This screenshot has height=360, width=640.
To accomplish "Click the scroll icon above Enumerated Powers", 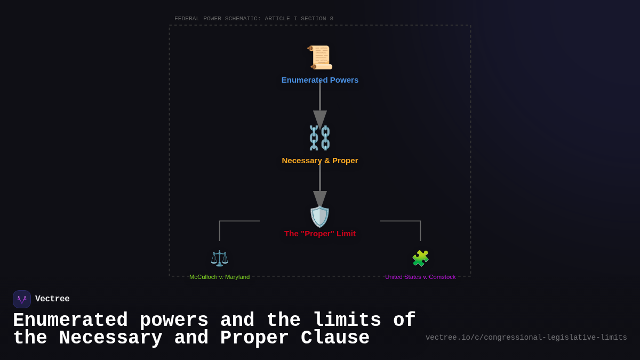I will (x=320, y=58).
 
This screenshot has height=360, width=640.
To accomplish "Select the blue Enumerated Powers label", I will (x=320, y=80).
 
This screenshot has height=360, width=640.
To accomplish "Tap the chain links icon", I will (x=320, y=138).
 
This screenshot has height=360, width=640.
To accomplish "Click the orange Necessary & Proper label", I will (x=320, y=161).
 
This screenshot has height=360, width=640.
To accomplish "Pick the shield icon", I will (x=320, y=217).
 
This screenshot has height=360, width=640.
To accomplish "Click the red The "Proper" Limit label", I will (x=320, y=234).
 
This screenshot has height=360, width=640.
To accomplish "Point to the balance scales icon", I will (x=219, y=258).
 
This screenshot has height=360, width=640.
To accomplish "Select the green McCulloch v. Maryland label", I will (x=219, y=277).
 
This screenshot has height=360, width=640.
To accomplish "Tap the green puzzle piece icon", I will (x=420, y=258).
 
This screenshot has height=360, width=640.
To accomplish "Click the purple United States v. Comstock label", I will (x=420, y=277).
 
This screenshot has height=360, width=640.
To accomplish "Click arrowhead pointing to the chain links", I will (x=320, y=119).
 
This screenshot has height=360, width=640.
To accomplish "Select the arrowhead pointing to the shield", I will (x=320, y=199).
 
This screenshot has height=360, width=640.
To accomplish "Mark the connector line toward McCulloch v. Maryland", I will (x=229, y=221).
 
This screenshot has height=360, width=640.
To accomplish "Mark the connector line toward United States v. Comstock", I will (x=411, y=221).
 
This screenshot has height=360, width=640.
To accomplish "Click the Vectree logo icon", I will (x=22, y=299).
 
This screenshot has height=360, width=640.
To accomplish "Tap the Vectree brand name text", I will (x=52, y=299).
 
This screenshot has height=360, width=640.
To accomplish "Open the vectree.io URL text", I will (x=526, y=338).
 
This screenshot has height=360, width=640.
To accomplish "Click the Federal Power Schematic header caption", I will (x=254, y=19).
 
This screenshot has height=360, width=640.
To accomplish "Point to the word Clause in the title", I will (x=335, y=338).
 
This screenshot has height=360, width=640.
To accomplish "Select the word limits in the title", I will (x=347, y=321).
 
